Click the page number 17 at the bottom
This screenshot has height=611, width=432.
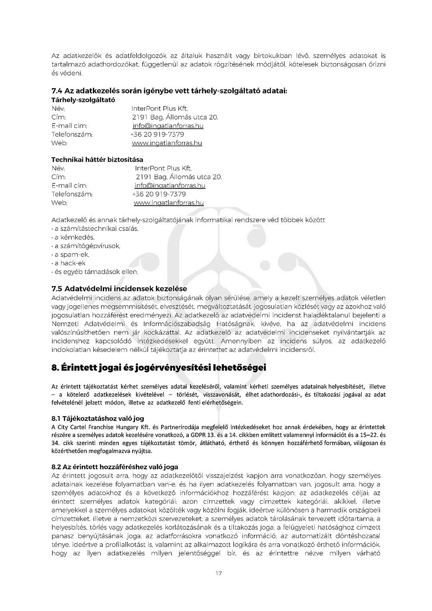click(x=219, y=573)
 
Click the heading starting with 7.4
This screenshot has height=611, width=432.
click(x=169, y=91)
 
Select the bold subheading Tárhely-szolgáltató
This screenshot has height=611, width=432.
click(x=83, y=100)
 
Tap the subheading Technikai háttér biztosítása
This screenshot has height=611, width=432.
click(x=97, y=159)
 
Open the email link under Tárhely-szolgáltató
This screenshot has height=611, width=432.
click(x=168, y=126)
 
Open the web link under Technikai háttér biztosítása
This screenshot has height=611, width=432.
click(x=169, y=203)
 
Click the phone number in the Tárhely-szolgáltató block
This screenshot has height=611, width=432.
click(x=157, y=134)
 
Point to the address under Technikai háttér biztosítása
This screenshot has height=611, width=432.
click(x=179, y=177)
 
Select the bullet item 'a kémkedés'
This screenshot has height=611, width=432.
click(x=73, y=237)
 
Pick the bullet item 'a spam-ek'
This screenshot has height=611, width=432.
click(x=71, y=255)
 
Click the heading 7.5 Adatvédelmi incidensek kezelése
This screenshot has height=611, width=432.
click(x=119, y=288)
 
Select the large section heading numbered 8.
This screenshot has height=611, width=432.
click(x=159, y=368)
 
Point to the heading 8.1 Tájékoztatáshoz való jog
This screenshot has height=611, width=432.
click(x=98, y=418)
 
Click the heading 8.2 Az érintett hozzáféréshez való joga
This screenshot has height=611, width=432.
click(x=114, y=467)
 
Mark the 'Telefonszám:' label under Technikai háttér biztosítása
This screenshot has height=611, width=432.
click(x=72, y=194)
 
